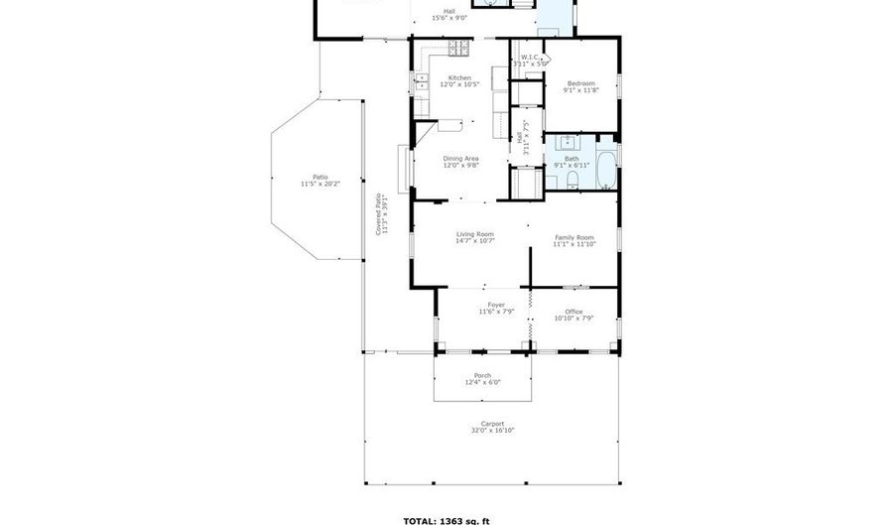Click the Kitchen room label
459,77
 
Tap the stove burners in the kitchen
458,47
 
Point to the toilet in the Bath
574,180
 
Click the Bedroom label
581,82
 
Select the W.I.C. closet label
531,58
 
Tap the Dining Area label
460,159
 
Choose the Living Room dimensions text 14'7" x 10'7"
475,240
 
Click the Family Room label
574,237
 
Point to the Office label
574,311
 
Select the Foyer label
495,305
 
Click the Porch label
482,375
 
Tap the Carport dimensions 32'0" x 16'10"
491,430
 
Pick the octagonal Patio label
319,177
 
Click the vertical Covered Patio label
378,210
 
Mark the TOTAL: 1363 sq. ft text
446,519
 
